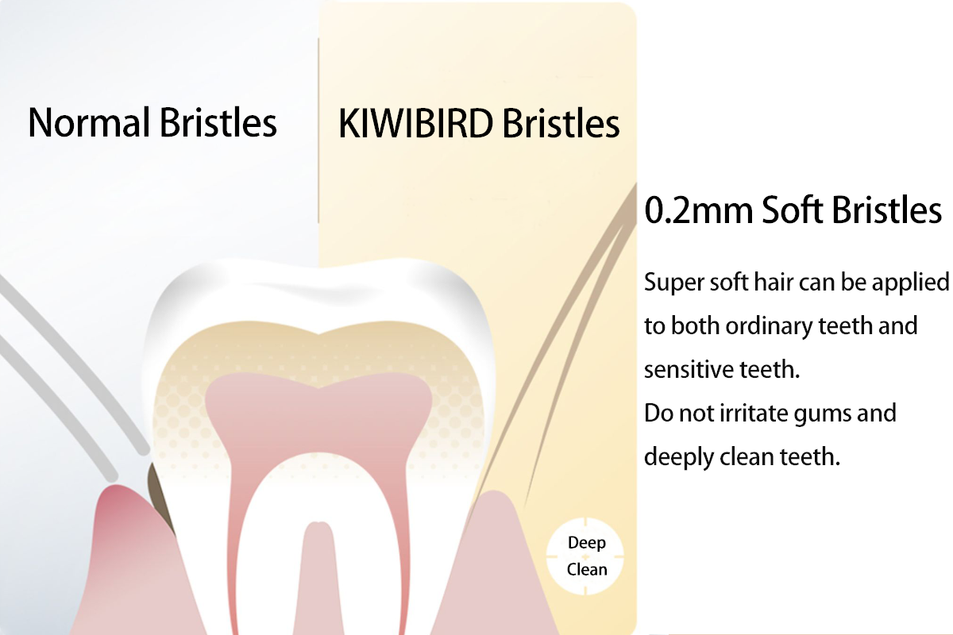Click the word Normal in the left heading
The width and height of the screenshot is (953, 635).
click(x=89, y=122)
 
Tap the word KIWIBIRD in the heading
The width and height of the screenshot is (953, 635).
click(x=415, y=124)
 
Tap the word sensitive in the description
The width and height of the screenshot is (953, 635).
click(x=688, y=369)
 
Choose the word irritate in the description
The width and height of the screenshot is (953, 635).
click(x=753, y=414)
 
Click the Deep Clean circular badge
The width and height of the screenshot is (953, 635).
click(x=585, y=556)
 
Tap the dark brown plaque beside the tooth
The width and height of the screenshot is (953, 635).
click(x=160, y=495)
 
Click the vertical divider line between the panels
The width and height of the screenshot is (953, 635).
click(x=318, y=131)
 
